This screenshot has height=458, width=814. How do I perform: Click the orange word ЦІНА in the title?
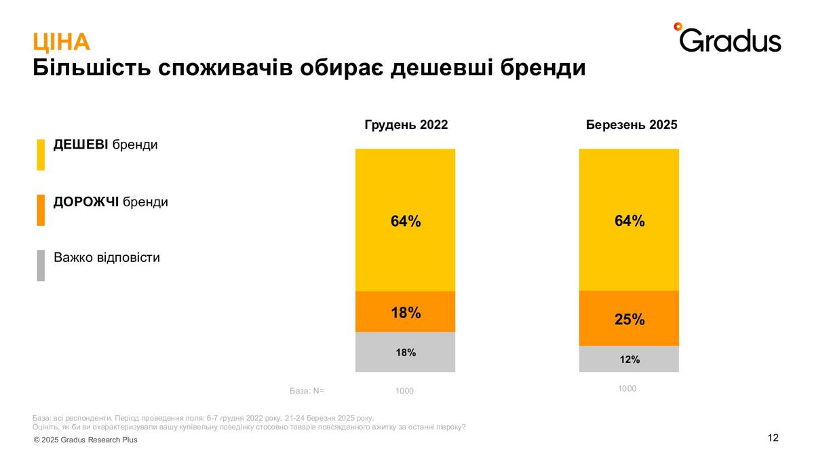61,43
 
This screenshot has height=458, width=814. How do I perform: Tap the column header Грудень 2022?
406,126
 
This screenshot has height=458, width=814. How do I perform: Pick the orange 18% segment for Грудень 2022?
405,312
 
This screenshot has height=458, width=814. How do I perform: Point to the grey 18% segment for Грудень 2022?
405,352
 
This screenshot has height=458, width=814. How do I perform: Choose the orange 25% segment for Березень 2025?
629,319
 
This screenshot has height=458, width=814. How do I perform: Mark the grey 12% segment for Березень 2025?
629,360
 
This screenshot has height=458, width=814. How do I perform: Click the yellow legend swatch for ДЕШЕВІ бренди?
41,155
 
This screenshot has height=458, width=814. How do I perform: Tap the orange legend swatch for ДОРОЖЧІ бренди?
41,210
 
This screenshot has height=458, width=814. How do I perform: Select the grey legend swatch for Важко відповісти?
41,265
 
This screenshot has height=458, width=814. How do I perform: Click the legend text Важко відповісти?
106,258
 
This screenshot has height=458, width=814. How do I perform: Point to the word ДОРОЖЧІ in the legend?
86,202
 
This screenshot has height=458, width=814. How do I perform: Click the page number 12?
773,438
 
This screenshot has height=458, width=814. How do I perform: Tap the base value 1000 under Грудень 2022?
404,392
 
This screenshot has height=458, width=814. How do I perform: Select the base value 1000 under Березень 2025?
627,389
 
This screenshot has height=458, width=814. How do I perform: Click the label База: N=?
307,391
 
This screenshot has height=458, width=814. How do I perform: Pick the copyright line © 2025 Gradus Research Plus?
85,440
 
